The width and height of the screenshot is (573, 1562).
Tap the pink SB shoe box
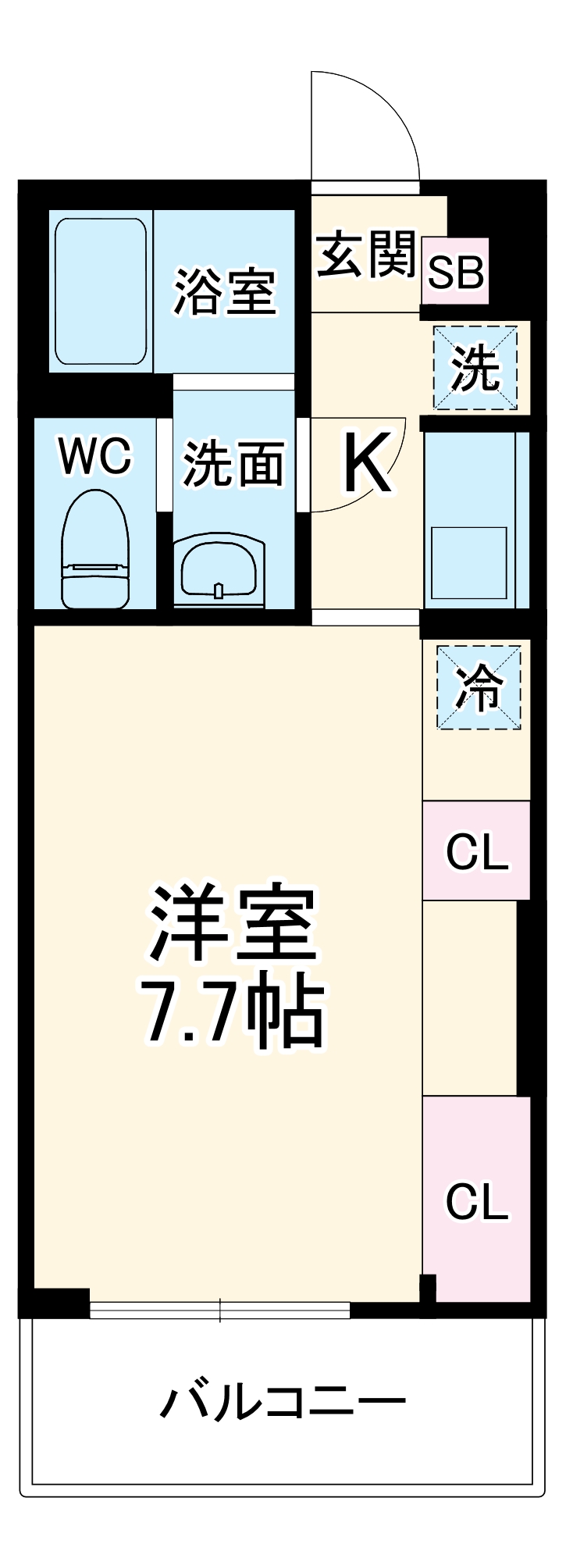tap(456, 272)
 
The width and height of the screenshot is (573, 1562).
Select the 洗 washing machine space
tap(475, 368)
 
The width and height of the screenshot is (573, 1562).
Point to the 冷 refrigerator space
tap(479, 687)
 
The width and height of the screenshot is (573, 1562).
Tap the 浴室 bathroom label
tap(225, 292)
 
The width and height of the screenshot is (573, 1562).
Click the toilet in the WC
tap(95, 550)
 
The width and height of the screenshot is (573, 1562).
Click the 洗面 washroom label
tap(233, 464)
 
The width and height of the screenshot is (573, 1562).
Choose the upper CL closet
tap(476, 851)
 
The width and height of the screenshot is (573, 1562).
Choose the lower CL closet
tap(476, 1200)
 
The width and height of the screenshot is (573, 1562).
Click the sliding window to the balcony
tap(219, 1310)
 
